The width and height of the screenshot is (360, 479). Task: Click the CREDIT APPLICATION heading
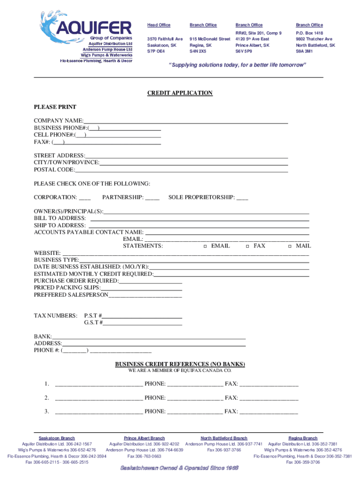[180, 93]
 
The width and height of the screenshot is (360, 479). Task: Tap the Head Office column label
[159, 25]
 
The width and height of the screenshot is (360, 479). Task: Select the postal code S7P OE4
[156, 51]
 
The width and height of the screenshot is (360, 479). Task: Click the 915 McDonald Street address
[210, 39]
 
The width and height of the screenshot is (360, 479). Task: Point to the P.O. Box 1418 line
[309, 33]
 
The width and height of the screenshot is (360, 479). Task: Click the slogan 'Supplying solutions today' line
[238, 65]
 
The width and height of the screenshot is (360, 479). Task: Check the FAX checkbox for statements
[247, 246]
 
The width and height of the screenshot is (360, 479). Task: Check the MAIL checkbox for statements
[290, 246]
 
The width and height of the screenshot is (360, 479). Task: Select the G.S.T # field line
[143, 323]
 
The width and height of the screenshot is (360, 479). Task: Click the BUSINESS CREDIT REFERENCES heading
[180, 364]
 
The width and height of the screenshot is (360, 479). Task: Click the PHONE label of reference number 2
[155, 398]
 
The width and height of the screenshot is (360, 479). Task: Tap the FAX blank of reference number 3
[269, 412]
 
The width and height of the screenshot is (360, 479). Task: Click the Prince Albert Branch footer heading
[144, 438]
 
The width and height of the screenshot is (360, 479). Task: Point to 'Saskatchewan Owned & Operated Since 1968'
[180, 468]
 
